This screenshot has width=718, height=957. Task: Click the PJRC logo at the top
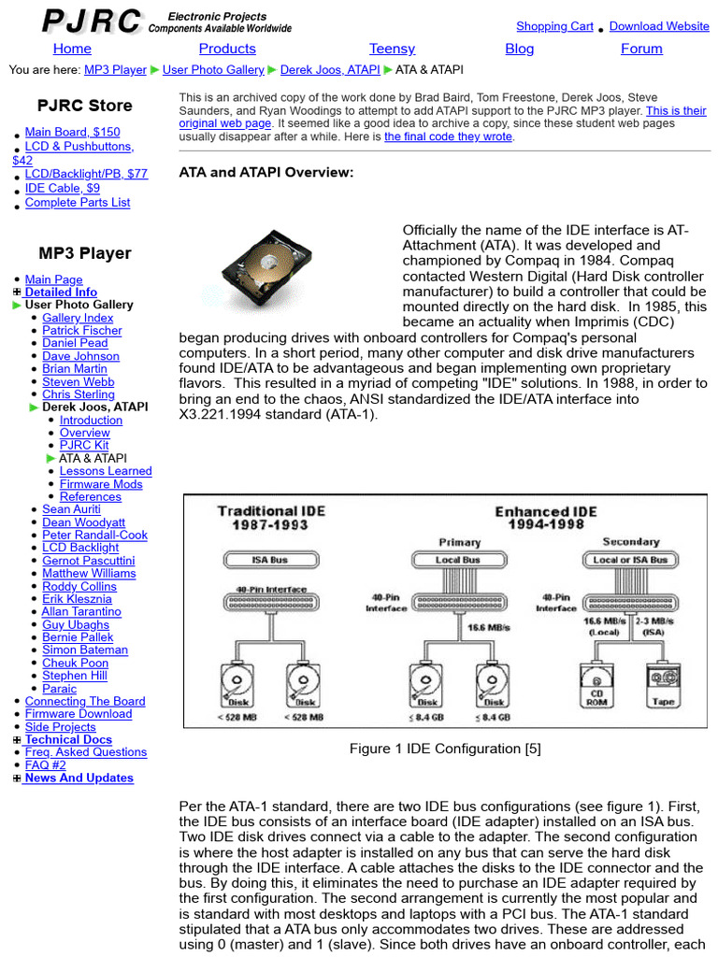(x=93, y=21)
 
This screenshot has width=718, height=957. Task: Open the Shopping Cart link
(x=554, y=26)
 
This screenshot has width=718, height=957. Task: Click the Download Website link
(x=659, y=26)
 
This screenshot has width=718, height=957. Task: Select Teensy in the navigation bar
(x=392, y=49)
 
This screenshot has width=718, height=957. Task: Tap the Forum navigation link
(x=641, y=49)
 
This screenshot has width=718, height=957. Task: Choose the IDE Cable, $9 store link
(x=63, y=188)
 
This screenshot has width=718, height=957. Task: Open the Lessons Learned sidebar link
(x=106, y=471)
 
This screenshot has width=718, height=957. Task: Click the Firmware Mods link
(x=101, y=484)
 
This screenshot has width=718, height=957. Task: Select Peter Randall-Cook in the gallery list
(x=94, y=536)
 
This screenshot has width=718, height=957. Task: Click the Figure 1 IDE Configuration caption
(x=445, y=749)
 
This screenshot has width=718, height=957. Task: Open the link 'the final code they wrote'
(x=448, y=136)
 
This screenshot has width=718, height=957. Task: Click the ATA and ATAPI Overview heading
(x=266, y=172)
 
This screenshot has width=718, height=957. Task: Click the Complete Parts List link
(x=78, y=202)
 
